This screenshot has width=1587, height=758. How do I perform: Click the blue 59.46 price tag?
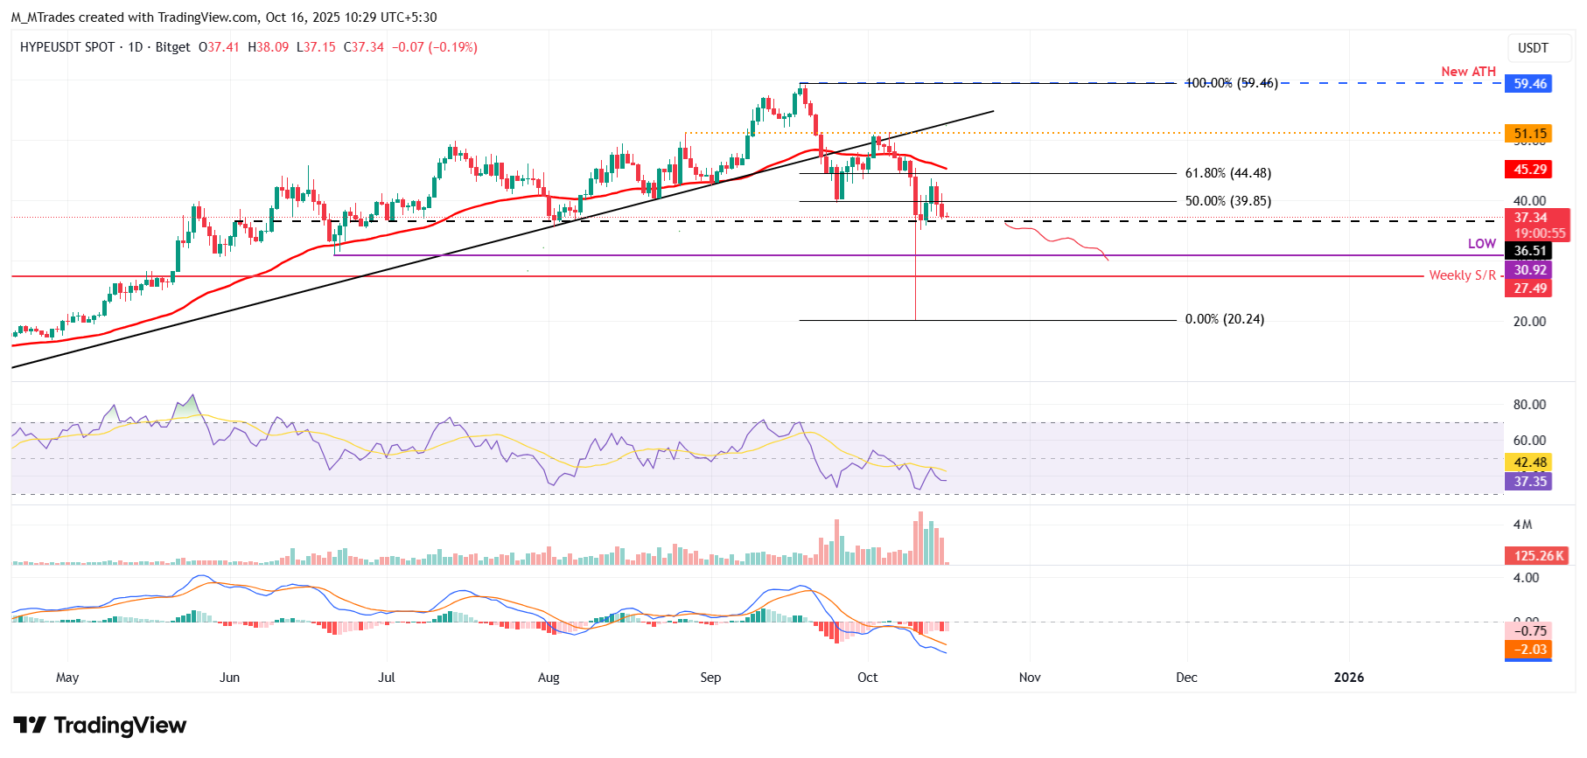1530,84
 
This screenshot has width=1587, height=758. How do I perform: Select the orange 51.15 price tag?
1530,134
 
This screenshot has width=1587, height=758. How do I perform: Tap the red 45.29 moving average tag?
1530,170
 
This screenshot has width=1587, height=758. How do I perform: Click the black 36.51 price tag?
1530,251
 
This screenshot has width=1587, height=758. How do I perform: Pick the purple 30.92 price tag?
1530,270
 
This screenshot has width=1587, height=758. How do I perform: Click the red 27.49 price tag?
1530,289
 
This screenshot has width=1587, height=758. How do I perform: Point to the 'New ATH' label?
1468,72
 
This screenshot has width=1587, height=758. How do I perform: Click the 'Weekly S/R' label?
1462,275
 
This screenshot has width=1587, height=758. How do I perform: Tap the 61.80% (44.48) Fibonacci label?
1227,173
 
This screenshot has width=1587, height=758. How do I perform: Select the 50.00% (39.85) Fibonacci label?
1227,201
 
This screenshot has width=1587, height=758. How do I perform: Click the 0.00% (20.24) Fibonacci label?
1224,319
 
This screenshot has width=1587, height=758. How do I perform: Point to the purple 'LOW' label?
1482,244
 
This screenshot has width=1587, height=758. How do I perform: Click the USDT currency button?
1533,48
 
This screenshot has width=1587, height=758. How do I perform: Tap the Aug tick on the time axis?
549,678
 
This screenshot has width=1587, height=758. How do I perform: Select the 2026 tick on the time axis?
1348,678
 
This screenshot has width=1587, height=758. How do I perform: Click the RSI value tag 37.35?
1530,482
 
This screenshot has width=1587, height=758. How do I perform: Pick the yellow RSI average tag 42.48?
1530,462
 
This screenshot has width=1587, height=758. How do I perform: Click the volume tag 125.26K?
1539,556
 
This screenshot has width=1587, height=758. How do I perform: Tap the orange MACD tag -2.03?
1530,650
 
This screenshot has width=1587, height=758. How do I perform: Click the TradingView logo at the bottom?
100,726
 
